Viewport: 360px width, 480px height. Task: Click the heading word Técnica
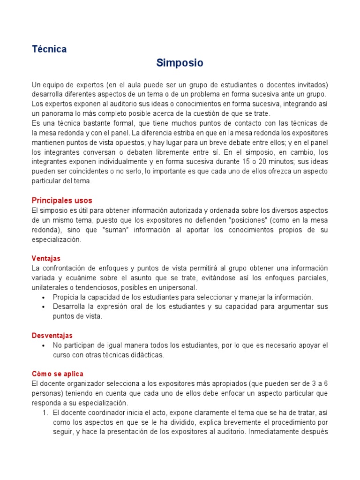[49, 49]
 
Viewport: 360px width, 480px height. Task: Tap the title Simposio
[180, 63]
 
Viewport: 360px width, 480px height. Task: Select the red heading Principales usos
[62, 201]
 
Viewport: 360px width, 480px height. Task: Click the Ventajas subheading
[46, 258]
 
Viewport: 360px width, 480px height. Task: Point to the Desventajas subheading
[52, 336]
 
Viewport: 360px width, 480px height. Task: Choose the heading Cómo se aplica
[57, 374]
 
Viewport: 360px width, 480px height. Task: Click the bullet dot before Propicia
[43, 297]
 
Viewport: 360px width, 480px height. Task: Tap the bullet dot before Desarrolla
[43, 307]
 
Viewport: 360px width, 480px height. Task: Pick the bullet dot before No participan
[43, 345]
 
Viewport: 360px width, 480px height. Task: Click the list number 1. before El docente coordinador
[45, 412]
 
